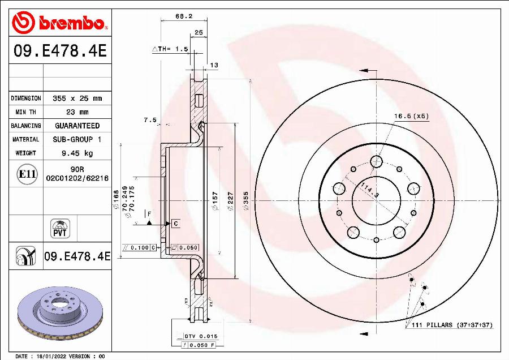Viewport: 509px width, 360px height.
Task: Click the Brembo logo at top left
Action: (x=59, y=23)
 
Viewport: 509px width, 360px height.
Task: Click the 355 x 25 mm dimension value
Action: (x=77, y=98)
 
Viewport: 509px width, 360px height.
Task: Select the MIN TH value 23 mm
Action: (x=77, y=112)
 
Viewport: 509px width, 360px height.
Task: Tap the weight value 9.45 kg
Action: (x=77, y=153)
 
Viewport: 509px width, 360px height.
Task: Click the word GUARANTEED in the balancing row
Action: (x=77, y=126)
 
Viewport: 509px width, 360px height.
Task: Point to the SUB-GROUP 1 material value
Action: (x=77, y=139)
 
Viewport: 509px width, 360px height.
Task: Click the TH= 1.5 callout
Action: (x=170, y=49)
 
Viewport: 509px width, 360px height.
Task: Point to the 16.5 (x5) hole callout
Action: (x=411, y=116)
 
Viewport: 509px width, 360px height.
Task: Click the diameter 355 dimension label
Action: (x=246, y=201)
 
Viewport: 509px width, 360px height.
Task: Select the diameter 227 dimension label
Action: (x=230, y=201)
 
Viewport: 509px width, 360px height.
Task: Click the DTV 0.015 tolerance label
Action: (x=199, y=336)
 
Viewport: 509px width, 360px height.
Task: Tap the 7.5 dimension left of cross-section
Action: (x=149, y=120)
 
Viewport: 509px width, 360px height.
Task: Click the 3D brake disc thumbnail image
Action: (x=59, y=316)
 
